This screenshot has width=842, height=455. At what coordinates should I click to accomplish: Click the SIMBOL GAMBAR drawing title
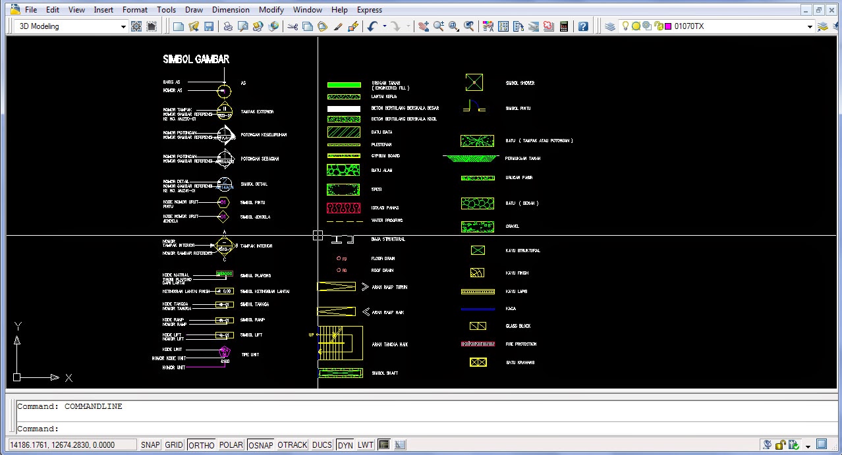[x=196, y=59]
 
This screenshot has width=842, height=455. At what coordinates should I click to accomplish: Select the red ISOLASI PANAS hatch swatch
[x=344, y=208]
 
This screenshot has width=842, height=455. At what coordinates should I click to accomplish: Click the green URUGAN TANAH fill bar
[x=344, y=85]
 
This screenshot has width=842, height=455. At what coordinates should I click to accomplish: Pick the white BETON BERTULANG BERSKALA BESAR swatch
[x=344, y=109]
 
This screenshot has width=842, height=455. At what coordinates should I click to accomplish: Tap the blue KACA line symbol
[x=478, y=309]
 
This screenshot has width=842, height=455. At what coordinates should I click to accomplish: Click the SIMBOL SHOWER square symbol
[x=474, y=82]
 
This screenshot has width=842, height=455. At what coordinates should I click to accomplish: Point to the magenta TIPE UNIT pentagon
[x=225, y=352]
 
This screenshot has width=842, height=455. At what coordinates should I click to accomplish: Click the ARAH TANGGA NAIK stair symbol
[x=341, y=342]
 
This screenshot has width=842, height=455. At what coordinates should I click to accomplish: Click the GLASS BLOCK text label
[x=518, y=326]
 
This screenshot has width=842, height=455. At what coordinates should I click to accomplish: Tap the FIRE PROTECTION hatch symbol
[x=478, y=344]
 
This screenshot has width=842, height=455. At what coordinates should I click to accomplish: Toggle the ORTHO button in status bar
[x=201, y=445]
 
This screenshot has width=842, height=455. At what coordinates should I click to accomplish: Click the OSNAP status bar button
[x=260, y=445]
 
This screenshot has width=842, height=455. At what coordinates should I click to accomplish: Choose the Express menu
[x=369, y=10]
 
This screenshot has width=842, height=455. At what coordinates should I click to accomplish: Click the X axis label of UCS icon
[x=69, y=378]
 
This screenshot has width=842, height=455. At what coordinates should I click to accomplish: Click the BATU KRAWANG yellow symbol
[x=478, y=362]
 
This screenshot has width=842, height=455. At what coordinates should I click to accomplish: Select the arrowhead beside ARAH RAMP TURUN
[x=365, y=286]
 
